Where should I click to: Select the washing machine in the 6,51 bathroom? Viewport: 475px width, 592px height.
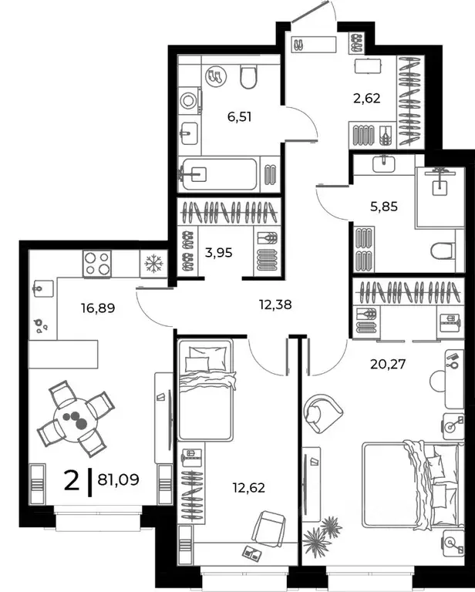(x=189, y=102)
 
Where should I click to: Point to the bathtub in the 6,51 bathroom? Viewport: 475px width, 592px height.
(x=219, y=175)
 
